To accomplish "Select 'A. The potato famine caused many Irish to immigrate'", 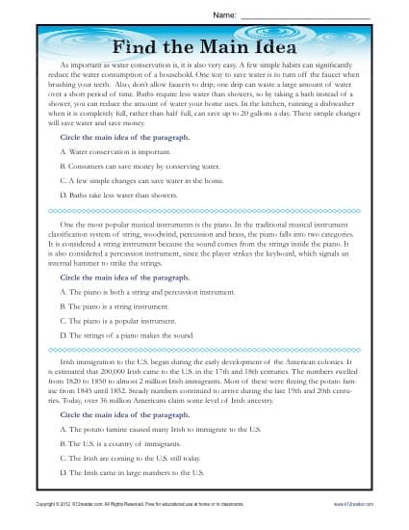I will point(150,429).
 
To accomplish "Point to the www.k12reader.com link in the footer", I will point(370,518).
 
